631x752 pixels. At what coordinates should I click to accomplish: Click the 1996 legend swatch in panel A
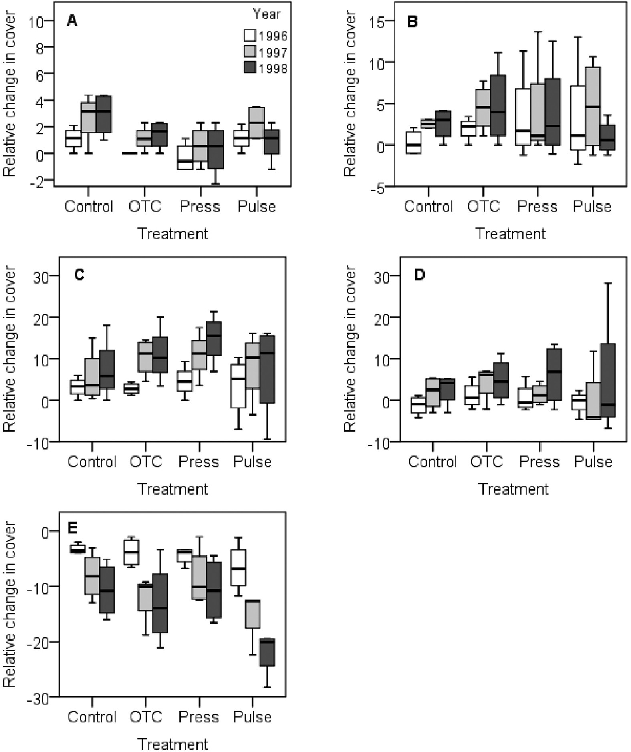tap(250, 36)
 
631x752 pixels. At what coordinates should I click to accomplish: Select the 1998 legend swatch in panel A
tap(250, 68)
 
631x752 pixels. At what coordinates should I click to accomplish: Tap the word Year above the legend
tap(266, 14)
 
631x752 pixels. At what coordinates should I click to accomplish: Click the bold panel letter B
tap(412, 21)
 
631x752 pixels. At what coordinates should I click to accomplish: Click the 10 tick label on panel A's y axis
tap(36, 21)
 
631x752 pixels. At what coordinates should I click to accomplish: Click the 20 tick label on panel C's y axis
tap(41, 318)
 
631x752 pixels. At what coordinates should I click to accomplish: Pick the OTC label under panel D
tap(486, 462)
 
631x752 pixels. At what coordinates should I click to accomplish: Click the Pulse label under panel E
tap(252, 717)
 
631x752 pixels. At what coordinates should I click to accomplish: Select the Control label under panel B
tap(428, 207)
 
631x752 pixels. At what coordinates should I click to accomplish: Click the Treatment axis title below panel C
tap(173, 489)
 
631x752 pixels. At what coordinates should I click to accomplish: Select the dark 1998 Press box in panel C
tap(214, 338)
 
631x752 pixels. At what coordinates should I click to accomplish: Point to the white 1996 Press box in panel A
tap(185, 158)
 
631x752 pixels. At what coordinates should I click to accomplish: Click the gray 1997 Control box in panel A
tap(88, 117)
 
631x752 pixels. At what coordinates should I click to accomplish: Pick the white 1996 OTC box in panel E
tap(131, 552)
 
